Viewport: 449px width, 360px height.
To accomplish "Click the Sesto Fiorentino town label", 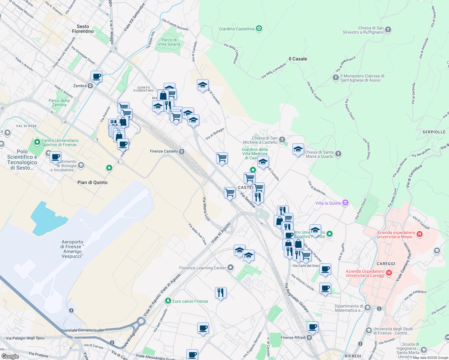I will pos(83,29).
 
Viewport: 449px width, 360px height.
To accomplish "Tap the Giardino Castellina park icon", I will pos(259,29).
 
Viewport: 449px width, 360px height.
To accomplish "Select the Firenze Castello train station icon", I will pos(182,151).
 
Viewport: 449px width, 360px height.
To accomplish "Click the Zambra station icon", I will pos(90,86).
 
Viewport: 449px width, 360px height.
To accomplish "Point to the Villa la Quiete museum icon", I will pos(345,203).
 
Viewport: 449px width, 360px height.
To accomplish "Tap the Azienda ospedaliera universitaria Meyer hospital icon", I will pos(420,234).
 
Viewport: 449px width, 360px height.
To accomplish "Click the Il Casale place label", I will pos(298,59).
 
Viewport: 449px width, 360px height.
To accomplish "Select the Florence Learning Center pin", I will pos(231,268).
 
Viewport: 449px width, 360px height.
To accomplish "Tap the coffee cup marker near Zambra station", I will pos(97,76).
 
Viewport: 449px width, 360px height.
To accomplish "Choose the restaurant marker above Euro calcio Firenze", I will pos(221,292).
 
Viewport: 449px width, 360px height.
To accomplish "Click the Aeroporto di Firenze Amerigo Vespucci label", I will pos(72,249).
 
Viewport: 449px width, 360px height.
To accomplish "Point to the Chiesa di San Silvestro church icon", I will pos(388,30).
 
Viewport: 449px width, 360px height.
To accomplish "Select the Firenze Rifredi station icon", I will pos(309,337).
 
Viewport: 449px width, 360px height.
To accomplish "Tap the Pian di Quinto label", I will pos(92,182).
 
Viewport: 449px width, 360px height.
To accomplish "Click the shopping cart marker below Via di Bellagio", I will pos(222,158).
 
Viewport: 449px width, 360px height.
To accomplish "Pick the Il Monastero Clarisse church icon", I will pos(336,78).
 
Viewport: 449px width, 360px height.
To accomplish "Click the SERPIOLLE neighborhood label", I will pos(434,132).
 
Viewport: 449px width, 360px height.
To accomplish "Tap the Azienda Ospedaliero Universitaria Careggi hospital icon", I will pos(389,273).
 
